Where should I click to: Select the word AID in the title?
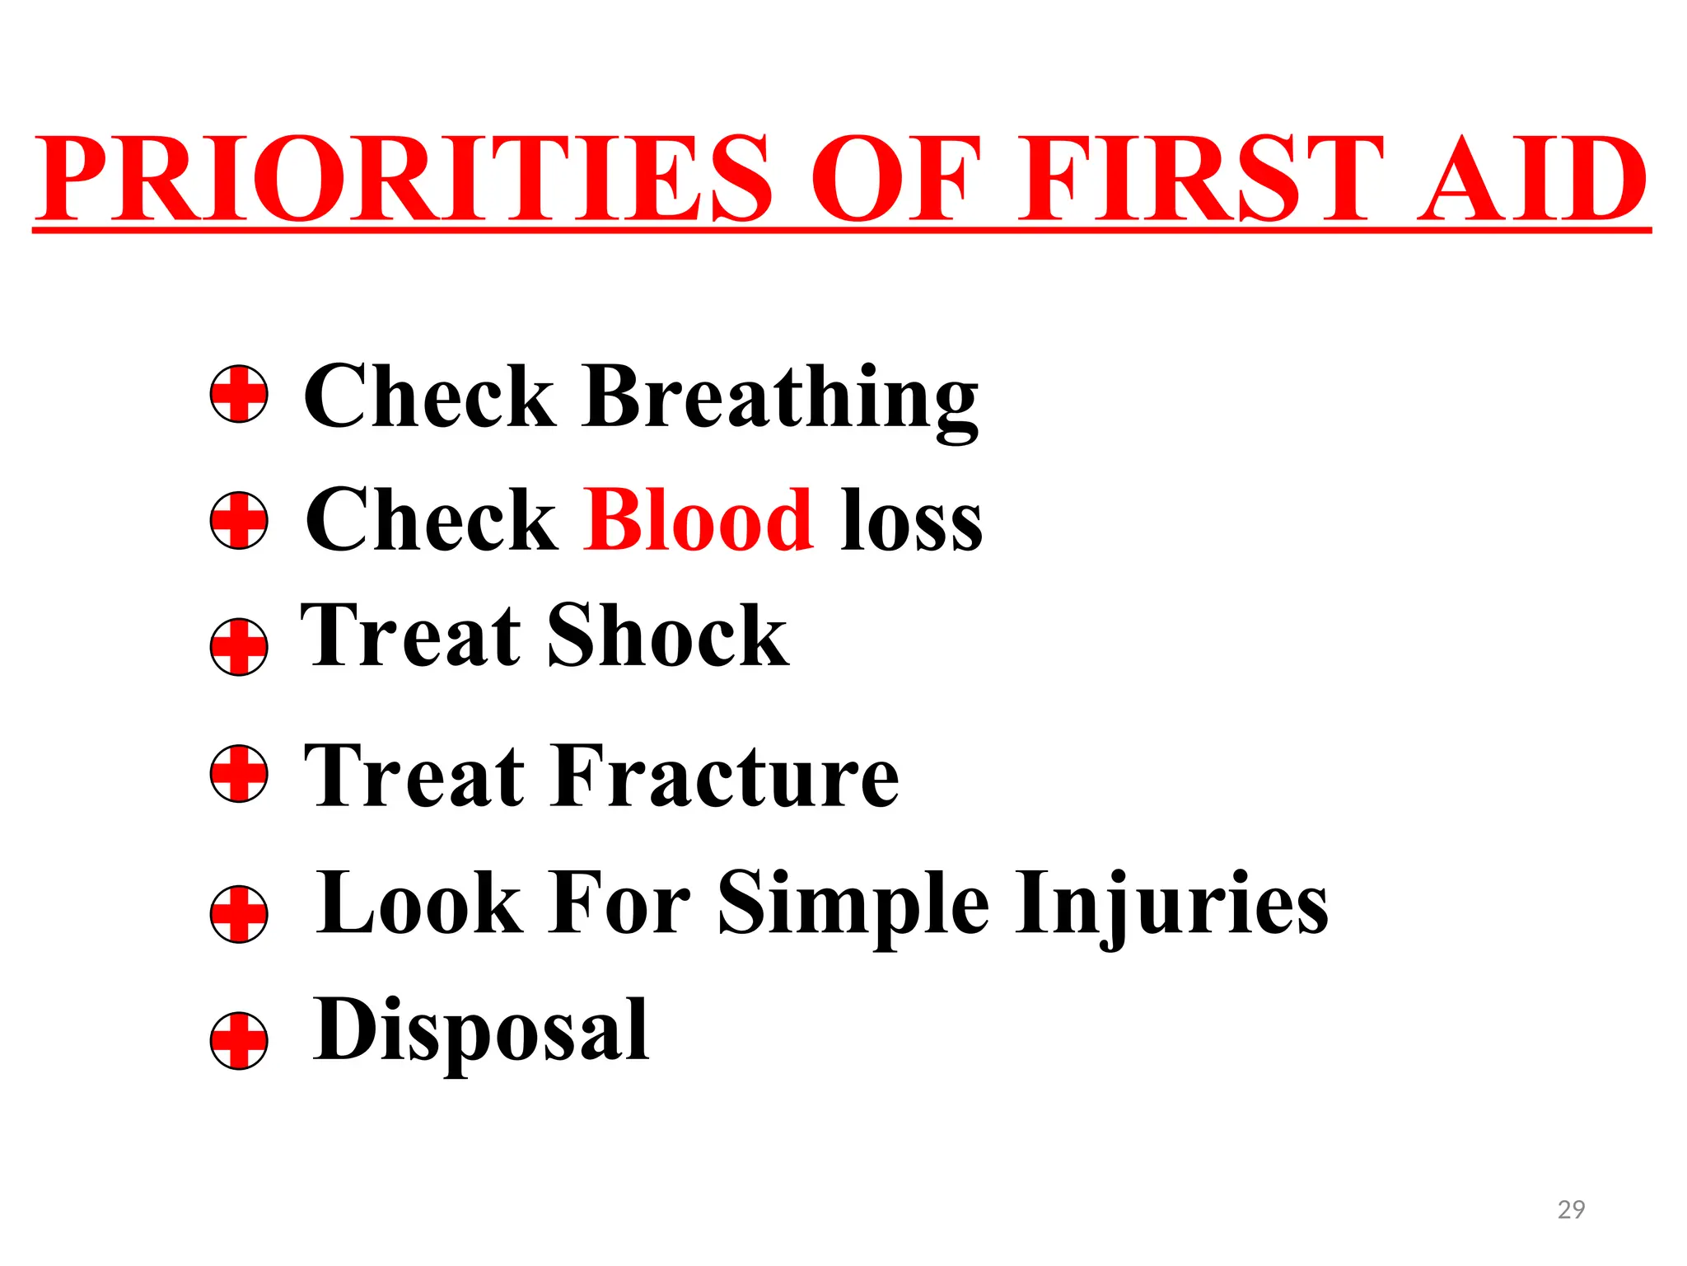[1532, 179]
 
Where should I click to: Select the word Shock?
[667, 635]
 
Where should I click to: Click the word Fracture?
[726, 776]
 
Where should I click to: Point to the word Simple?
[853, 904]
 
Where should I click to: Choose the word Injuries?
[1171, 904]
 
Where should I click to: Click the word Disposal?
[481, 1030]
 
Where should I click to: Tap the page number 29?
[1571, 1209]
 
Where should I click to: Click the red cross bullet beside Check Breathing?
[239, 394]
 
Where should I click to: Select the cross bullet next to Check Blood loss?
[239, 521]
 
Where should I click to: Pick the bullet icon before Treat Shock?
[239, 647]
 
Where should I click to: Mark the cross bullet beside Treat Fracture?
[239, 774]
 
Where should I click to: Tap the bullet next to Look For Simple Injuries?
[239, 914]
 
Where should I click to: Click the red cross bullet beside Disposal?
[239, 1040]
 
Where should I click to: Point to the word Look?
[419, 904]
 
